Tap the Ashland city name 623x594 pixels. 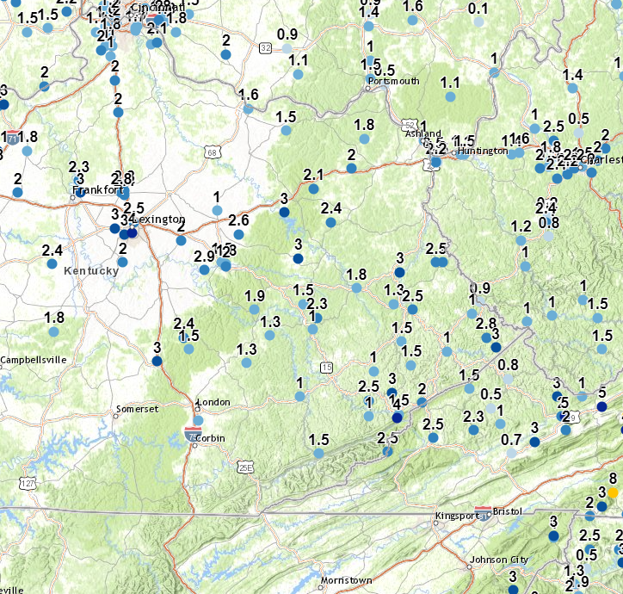pos(424,133)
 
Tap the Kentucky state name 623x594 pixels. pos(90,270)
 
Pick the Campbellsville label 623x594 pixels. pos(34,360)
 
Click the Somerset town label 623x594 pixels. pos(139,409)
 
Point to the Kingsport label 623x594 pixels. pos(453,516)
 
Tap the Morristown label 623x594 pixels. pos(346,580)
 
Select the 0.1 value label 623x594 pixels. pos(478,9)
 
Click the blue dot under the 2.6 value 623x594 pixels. pos(239,234)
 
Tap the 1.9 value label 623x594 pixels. pos(255,296)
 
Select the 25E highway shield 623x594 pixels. pos(246,467)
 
